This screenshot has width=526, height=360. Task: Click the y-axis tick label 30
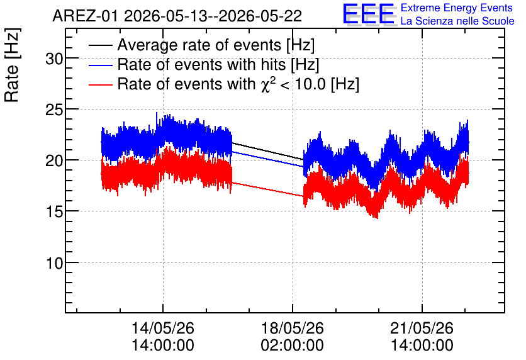pos(54,59)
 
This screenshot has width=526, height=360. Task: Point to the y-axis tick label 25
pos(54,110)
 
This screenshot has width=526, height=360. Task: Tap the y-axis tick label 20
pos(54,161)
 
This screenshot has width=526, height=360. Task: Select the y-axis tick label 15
pos(54,212)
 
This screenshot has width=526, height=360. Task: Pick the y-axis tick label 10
pos(54,263)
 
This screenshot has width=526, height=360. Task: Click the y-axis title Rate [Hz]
pos(12,65)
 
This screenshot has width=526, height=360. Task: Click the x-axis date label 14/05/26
pos(163,328)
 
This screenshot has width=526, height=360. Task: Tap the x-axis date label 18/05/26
pos(292,328)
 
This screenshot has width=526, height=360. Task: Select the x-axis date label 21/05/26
pos(422,328)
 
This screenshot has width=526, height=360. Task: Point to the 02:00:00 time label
pos(292,346)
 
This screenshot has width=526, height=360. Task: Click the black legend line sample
pos(100,45)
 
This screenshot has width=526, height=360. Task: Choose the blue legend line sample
pos(100,65)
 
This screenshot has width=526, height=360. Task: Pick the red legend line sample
pos(100,84)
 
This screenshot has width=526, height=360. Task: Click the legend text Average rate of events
pos(199,45)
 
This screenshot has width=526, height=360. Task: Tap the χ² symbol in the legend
pos(266,84)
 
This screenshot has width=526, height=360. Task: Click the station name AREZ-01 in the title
pos(86,16)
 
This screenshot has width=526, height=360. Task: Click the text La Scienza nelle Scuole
pos(457,21)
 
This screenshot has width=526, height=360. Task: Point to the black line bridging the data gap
pos(267,151)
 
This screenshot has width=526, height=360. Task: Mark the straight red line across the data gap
pos(267,189)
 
